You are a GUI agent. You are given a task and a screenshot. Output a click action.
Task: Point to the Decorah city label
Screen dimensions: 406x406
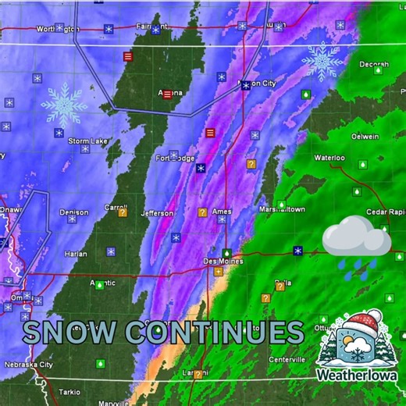pyautogui.click(x=374, y=64)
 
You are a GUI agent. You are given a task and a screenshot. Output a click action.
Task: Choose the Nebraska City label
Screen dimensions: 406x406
pyautogui.click(x=28, y=365)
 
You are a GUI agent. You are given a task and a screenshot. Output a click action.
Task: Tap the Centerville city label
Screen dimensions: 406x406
pyautogui.click(x=287, y=359)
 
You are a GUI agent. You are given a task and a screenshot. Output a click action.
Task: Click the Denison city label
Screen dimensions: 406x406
pyautogui.click(x=73, y=212)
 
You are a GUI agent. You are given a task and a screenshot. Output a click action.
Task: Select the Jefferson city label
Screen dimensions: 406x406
pyautogui.click(x=157, y=213)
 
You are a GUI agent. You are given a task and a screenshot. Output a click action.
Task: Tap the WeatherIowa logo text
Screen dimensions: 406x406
pyautogui.click(x=357, y=375)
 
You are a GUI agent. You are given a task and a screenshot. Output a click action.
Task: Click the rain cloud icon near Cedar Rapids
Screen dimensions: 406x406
pyautogui.click(x=356, y=240)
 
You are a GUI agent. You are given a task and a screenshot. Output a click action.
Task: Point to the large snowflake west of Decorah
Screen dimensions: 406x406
pyautogui.click(x=322, y=61)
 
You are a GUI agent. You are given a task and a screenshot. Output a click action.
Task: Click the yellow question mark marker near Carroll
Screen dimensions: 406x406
pyautogui.click(x=123, y=212)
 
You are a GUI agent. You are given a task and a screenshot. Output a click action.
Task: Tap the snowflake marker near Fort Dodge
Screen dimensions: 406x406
pyautogui.click(x=201, y=167)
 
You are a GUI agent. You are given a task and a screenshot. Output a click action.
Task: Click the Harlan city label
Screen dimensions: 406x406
pyautogui.click(x=77, y=253)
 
